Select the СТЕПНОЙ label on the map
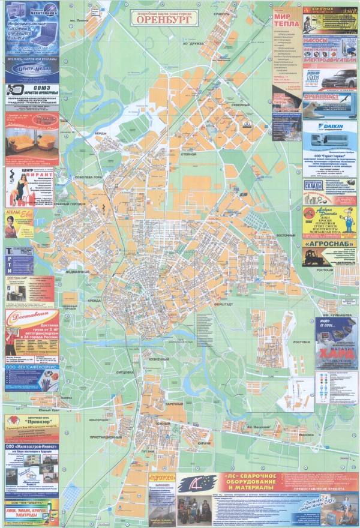[189, 154]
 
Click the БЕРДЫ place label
[100, 133]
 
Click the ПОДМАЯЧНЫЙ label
[77, 272]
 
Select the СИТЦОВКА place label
[124, 372]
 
